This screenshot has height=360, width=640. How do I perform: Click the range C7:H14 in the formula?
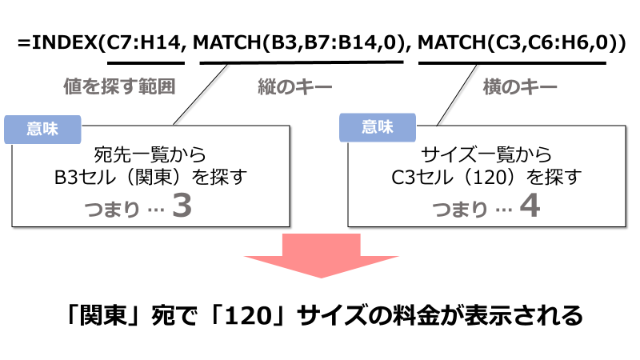click(x=144, y=42)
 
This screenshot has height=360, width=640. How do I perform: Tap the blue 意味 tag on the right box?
click(x=377, y=126)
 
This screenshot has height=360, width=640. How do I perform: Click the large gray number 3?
click(x=182, y=206)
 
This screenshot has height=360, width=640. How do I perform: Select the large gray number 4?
click(x=530, y=206)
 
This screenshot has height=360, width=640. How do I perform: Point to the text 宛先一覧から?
click(x=150, y=154)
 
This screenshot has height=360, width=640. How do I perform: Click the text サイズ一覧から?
click(x=486, y=154)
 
